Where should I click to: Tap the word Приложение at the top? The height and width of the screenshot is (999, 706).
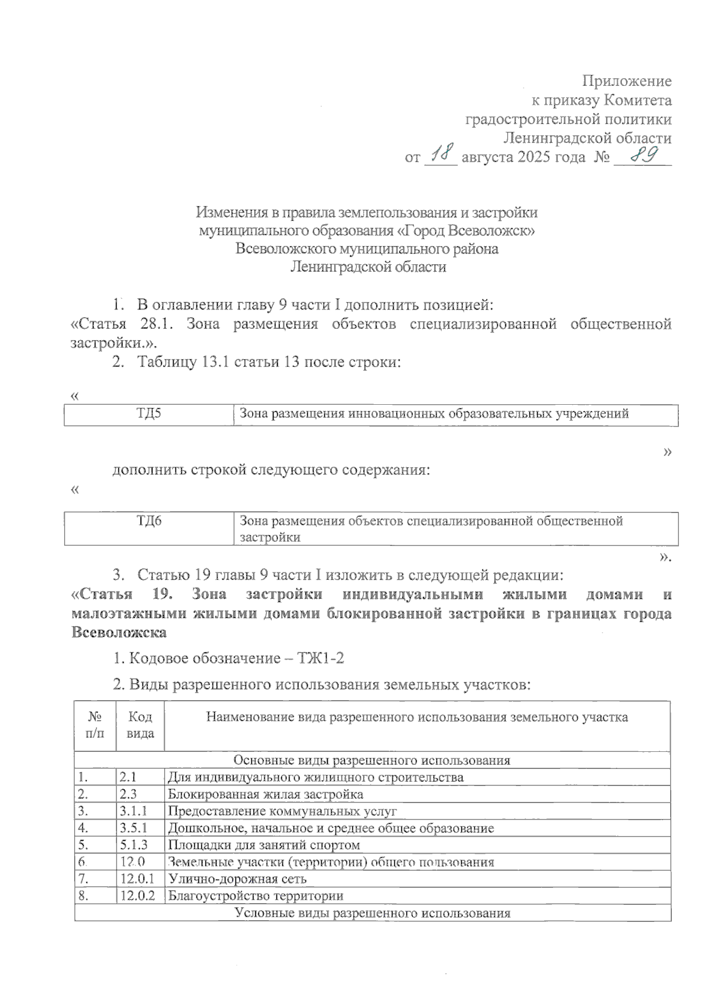[x=627, y=81]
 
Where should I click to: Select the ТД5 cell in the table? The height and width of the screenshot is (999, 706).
[x=149, y=414]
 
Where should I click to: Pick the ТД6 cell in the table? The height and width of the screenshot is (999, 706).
[x=149, y=521]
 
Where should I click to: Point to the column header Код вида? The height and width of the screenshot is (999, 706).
[x=140, y=725]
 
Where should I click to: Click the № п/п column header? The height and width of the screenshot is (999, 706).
[x=95, y=725]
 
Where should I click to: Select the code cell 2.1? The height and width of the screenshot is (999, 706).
[x=128, y=777]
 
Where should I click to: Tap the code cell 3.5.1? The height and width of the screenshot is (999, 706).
[x=133, y=828]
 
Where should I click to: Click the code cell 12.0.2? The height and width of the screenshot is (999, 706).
[x=138, y=896]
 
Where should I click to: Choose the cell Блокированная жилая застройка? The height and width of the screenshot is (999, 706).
[x=265, y=794]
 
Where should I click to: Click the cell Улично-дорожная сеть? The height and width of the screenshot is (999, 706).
[x=237, y=879]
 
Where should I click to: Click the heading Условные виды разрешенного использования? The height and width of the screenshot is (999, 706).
[x=372, y=913]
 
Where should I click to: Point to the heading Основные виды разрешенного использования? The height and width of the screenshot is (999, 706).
[x=372, y=760]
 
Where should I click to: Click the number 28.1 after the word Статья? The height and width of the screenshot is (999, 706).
[x=156, y=324]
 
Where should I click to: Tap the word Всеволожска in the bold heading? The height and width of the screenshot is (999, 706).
[x=118, y=633]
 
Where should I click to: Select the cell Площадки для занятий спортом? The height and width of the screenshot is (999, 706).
[x=264, y=845]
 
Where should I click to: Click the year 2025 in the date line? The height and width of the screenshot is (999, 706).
[x=535, y=158]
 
